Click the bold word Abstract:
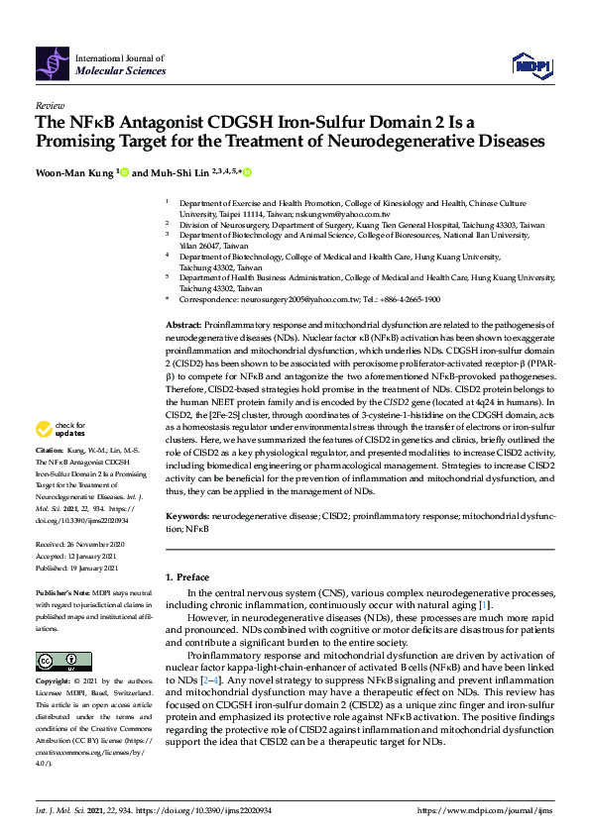coord(183,325)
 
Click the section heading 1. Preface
coord(187,575)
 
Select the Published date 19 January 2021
coord(97,569)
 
